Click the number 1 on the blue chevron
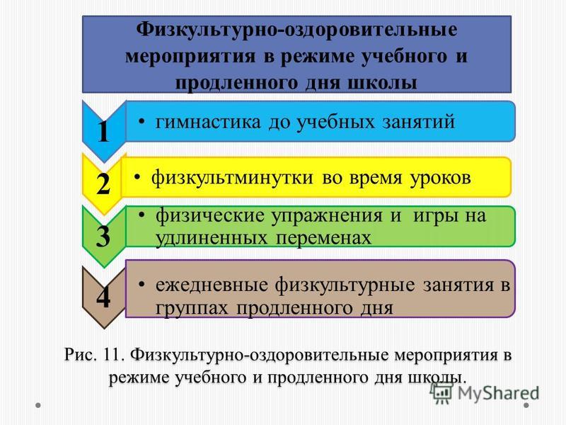(x=103, y=132)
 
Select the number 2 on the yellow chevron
(x=103, y=184)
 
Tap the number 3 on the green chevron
(x=103, y=236)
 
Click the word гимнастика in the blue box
(x=208, y=122)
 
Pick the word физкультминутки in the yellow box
(x=232, y=178)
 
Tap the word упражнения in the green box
(x=327, y=217)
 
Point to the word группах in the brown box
(x=192, y=309)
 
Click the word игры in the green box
(x=434, y=217)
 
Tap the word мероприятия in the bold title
(x=190, y=57)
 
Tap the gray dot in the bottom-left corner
(x=38, y=405)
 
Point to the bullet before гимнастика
(x=142, y=122)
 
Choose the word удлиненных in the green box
(x=212, y=239)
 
